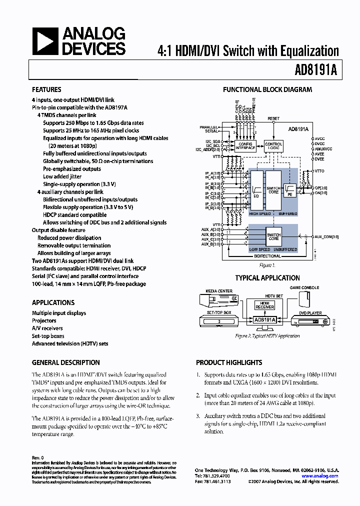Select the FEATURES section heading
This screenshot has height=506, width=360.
[x=46, y=90]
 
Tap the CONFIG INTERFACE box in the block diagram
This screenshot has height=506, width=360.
[x=245, y=146]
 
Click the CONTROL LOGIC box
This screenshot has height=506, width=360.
[x=273, y=146]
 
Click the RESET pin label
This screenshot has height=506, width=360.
[x=273, y=118]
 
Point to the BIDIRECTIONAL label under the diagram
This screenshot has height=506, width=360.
[x=271, y=255]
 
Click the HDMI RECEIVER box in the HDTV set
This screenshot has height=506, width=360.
[x=264, y=305]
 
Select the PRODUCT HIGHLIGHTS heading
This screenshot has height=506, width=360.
[x=229, y=362]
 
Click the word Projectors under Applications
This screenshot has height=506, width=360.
[x=44, y=320]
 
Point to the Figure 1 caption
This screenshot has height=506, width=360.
[x=267, y=265]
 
